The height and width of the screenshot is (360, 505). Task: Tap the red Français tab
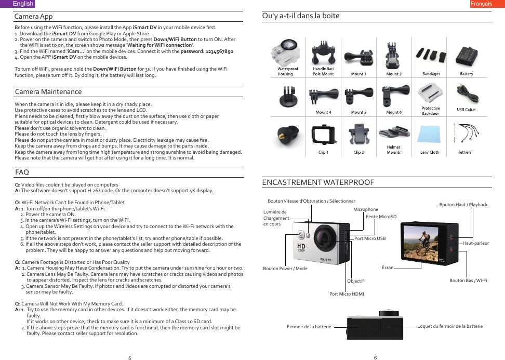coord(481,4)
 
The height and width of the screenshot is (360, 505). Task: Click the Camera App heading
coord(34,17)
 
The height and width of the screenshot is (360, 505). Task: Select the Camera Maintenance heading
coord(48,92)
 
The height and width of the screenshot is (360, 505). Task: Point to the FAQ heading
coord(22,172)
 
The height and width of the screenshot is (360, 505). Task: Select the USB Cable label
coord(466,110)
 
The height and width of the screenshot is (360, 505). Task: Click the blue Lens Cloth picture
coord(430,135)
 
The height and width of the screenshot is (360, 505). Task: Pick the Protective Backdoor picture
coord(430,94)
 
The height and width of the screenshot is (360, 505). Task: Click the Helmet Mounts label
coord(393,150)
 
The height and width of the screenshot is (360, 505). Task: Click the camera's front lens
coord(326,237)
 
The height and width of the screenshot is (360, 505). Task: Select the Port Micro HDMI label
coord(347,294)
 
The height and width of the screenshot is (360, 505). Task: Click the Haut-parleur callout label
coord(475,243)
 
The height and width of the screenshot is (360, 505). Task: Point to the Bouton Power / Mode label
coord(285,269)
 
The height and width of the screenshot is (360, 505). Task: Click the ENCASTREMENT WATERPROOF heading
coord(318,182)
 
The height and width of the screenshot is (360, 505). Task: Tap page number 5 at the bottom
coord(129,358)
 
